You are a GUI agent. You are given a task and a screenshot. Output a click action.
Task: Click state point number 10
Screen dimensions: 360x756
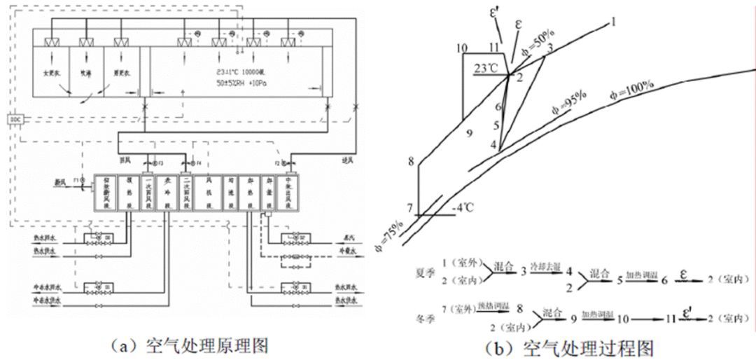460,48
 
